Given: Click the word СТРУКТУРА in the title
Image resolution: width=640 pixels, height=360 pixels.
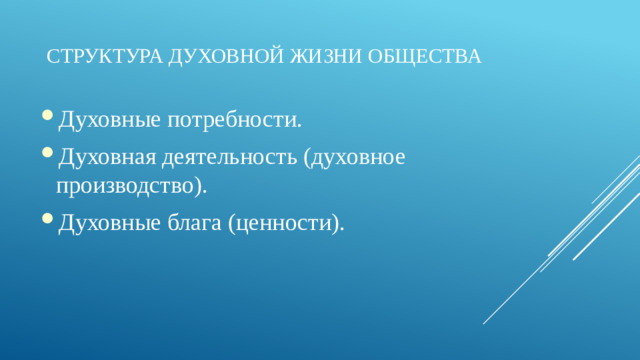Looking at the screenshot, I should pyautogui.click(x=94, y=55).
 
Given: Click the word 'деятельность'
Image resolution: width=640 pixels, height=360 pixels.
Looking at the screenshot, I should pyautogui.click(x=233, y=157).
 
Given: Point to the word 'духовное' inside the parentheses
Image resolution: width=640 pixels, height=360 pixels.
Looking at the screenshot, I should pyautogui.click(x=361, y=157).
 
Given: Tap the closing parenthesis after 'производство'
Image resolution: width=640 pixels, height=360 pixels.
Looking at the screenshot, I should pyautogui.click(x=202, y=187).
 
